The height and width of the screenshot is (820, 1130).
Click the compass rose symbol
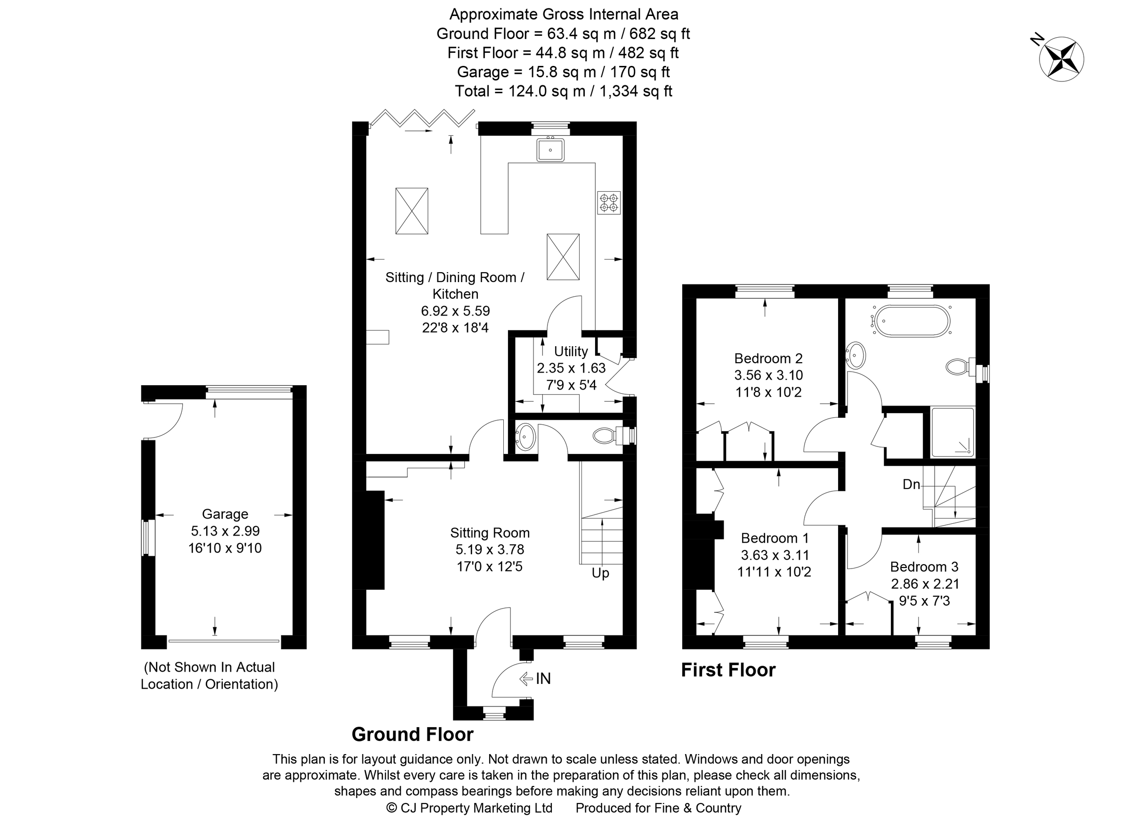tap(1061, 59)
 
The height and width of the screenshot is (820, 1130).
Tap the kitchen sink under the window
tap(550, 150)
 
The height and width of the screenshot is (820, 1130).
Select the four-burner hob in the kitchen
tap(609, 203)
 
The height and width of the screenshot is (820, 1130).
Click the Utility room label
tap(571, 351)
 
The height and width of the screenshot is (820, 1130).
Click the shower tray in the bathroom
tap(952, 432)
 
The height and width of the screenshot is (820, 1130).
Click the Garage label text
tap(225, 514)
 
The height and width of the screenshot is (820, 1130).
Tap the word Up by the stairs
tap(600, 573)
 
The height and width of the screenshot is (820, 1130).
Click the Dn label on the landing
tap(911, 484)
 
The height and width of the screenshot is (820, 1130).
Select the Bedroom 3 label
tap(924, 567)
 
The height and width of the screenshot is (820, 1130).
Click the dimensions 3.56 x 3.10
tap(768, 375)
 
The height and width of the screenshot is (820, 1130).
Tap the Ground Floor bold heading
tap(412, 734)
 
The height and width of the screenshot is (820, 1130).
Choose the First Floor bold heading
tap(728, 670)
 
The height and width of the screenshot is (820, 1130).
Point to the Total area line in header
tap(563, 91)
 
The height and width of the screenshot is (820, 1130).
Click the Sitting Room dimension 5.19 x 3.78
tap(489, 549)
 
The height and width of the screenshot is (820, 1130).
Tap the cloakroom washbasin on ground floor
tap(525, 437)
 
